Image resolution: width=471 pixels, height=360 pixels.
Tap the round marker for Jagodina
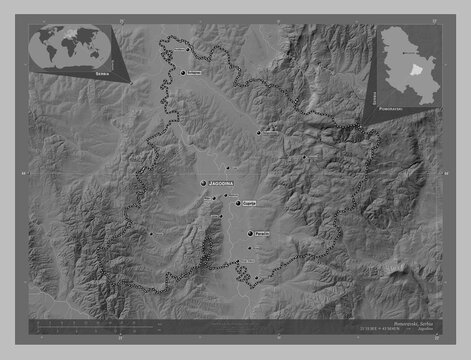(x=204, y=185)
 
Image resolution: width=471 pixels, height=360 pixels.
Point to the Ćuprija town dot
(x=238, y=203)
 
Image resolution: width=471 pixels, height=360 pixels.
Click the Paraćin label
(x=262, y=233)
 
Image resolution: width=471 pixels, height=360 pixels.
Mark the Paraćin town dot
(x=250, y=234)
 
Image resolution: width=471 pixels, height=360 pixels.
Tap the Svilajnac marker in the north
(x=183, y=72)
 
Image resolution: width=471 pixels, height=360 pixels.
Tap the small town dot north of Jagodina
(x=228, y=167)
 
